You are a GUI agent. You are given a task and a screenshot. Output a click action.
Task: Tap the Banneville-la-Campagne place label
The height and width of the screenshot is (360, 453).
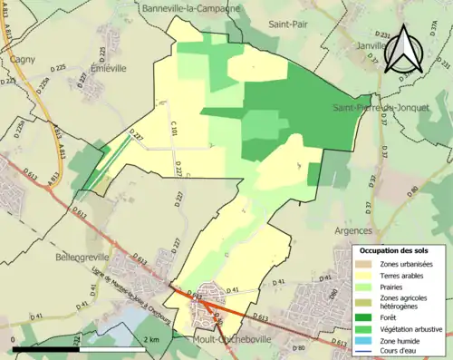(191, 8)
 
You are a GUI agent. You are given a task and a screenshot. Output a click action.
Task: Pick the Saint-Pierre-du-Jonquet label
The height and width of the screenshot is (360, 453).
(380, 108)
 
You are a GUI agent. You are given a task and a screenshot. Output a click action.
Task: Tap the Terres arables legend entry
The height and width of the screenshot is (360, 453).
(398, 276)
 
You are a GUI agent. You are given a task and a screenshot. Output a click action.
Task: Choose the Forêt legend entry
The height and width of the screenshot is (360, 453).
(385, 316)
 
